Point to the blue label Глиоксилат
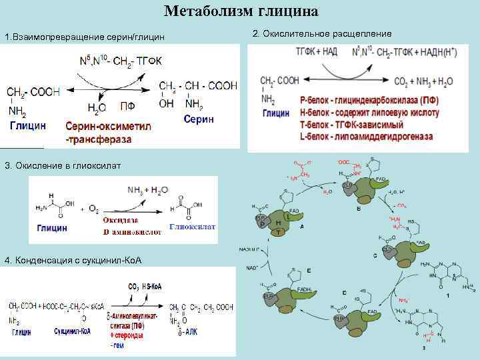(193, 227)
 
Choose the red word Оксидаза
(121, 220)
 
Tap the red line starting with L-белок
(366, 137)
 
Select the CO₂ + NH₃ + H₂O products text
(423, 81)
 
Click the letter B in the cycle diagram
(359, 209)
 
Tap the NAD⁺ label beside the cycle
(253, 267)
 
